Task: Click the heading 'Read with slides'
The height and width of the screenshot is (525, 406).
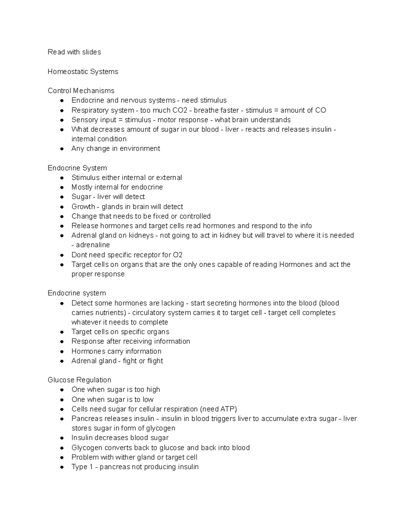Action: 74,52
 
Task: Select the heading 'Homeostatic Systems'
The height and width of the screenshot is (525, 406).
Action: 83,72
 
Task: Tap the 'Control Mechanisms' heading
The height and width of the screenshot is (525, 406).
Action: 81,91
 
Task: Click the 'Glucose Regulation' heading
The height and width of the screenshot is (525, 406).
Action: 79,380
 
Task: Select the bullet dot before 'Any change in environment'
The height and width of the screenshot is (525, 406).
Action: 62,149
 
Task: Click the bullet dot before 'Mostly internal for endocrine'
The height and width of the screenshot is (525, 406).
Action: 62,187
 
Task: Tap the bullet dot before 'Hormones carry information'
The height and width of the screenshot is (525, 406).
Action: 62,352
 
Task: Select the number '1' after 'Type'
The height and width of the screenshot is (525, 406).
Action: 91,467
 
